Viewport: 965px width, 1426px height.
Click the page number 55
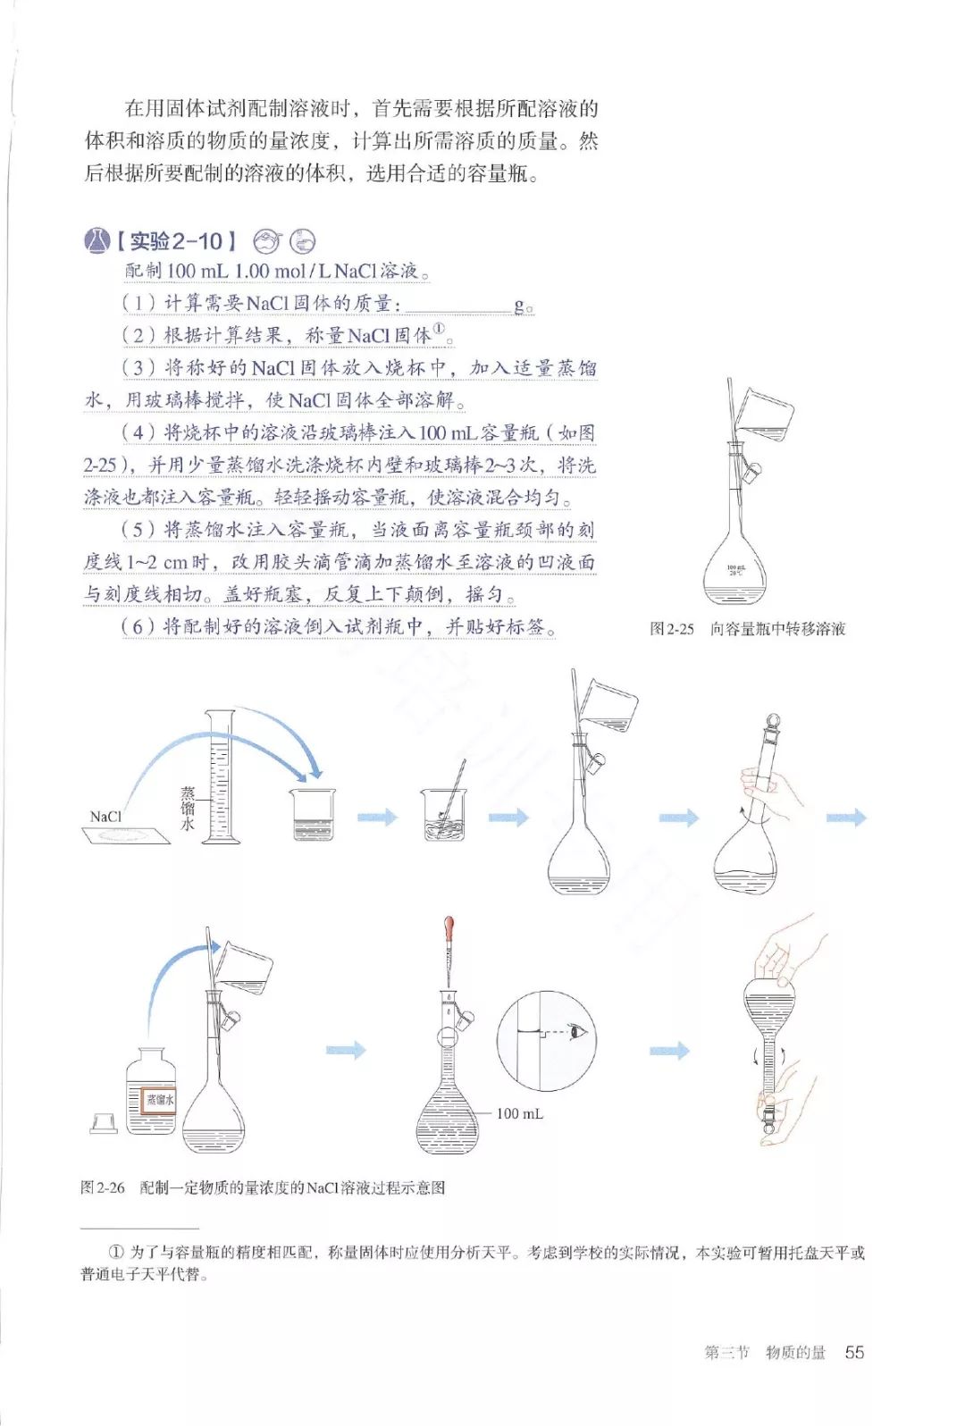[x=854, y=1352]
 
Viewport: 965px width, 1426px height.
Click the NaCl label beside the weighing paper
[x=105, y=817]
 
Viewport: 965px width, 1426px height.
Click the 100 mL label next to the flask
[x=519, y=1113]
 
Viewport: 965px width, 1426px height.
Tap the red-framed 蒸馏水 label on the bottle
[x=161, y=1099]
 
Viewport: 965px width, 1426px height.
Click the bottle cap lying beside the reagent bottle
[x=104, y=1122]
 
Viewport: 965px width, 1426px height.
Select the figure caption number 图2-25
[x=671, y=629]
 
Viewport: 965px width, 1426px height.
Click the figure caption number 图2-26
[x=102, y=1187]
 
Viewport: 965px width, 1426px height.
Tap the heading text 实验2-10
[x=176, y=241]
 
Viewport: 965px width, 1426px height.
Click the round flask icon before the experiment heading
[x=96, y=240]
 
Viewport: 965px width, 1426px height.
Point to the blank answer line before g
[x=457, y=306]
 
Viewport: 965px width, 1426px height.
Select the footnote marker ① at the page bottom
[x=115, y=1253]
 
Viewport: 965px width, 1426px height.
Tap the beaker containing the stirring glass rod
[x=444, y=814]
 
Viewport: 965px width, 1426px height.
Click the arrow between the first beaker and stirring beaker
[x=377, y=817]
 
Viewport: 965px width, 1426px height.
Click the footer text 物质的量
[x=795, y=1353]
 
